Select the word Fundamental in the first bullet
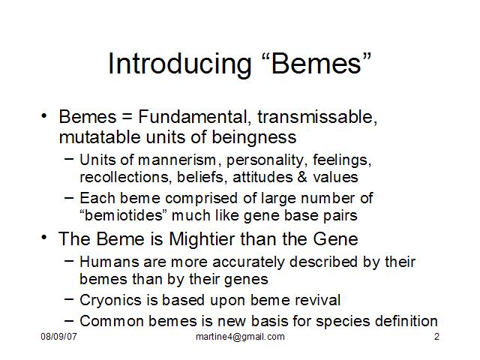click(193, 117)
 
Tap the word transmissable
click(317, 117)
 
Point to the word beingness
click(254, 137)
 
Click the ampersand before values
click(302, 177)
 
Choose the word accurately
click(248, 262)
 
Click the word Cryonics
click(110, 300)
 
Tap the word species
click(343, 322)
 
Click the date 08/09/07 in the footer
click(58, 337)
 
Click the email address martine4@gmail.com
click(240, 337)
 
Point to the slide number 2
click(436, 337)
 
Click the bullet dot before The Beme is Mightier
click(44, 237)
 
